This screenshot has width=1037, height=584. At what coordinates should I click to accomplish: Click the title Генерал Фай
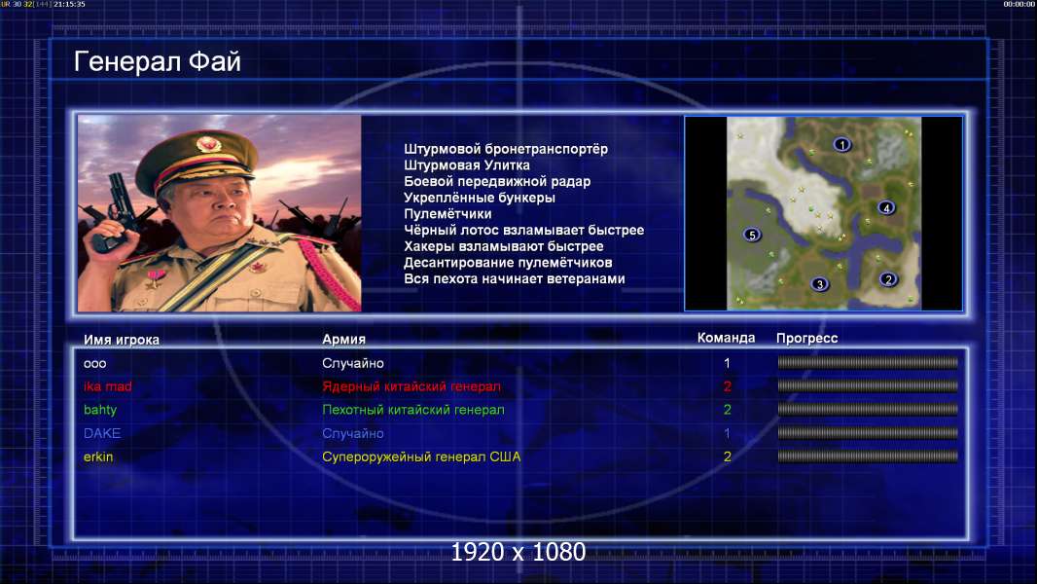pos(158,62)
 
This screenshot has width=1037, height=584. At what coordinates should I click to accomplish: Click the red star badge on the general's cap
pos(207,143)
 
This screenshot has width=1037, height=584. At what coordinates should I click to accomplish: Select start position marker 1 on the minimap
pos(841,144)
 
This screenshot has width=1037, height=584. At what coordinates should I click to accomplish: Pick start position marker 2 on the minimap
pos(888,279)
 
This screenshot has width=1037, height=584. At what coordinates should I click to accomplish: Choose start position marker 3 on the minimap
pos(819,284)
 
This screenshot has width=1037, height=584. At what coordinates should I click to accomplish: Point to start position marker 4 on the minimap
pos(886,207)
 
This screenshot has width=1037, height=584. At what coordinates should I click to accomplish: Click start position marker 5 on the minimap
pos(752,235)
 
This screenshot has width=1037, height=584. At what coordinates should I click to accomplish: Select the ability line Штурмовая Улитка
pos(467,165)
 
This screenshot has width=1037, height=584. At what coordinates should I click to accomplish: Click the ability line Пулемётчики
pos(447,213)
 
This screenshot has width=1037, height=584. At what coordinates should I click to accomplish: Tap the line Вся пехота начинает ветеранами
pos(515,278)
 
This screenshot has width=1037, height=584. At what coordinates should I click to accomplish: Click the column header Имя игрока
pos(121,340)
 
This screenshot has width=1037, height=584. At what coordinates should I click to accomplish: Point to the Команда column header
pos(726,338)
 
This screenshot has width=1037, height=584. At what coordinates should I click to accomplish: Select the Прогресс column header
pos(806,339)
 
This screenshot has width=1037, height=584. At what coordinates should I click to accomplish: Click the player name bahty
pos(100,410)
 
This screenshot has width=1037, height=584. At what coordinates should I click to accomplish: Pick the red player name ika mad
pos(108,386)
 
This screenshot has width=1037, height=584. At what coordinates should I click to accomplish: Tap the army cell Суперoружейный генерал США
pos(421,457)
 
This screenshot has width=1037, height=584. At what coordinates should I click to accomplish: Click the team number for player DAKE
pos(727,433)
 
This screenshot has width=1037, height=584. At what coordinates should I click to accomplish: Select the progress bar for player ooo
pos(868,362)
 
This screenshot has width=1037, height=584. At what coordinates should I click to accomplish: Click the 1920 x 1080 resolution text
pos(518,552)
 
